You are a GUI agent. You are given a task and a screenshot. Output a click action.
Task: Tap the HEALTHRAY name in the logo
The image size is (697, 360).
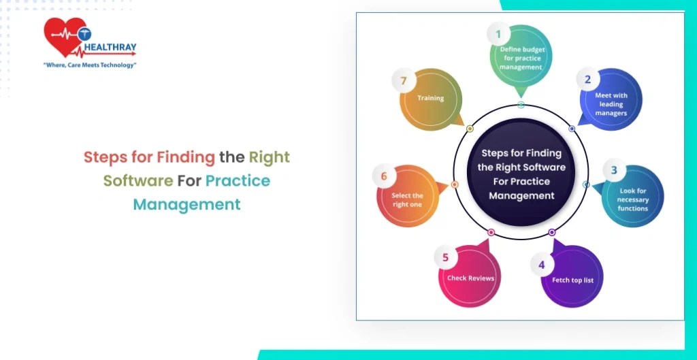pos(111,48)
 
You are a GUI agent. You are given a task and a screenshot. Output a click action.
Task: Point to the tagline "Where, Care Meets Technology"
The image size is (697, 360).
pos(90,65)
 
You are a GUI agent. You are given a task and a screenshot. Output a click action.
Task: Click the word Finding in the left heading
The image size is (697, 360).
pos(186,158)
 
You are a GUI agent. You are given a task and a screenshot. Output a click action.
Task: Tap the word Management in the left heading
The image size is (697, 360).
pos(187,204)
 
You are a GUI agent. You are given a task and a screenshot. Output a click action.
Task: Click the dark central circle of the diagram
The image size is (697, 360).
pos(521,175)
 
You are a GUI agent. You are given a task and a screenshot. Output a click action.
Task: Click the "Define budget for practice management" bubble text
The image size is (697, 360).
pos(521,58)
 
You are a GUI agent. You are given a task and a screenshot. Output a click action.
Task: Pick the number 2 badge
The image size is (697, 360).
pos(587,79)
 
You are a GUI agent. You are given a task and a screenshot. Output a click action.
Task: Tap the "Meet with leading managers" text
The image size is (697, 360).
pos(611,104)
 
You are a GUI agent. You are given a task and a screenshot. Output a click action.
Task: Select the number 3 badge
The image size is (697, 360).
pos(613,170)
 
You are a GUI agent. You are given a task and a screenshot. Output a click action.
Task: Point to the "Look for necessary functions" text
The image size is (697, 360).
pos(633,199)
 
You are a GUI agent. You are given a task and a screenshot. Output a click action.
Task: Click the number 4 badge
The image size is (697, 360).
pos(542,264)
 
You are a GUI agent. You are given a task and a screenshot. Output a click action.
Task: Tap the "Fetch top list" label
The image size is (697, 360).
pos(572,280)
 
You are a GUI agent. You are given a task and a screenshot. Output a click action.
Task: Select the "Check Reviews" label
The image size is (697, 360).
pos(470,278)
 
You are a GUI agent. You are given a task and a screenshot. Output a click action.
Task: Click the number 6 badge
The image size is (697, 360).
pos(384,176)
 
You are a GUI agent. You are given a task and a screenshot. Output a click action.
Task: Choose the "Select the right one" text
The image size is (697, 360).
pos(407,200)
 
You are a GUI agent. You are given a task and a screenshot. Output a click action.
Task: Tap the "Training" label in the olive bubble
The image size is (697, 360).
pos(430,98)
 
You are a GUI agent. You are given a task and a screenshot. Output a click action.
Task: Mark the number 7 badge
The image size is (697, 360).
pos(404,81)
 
